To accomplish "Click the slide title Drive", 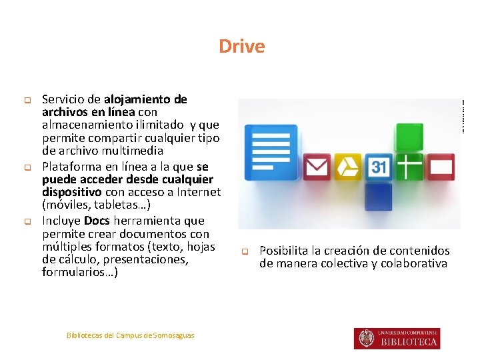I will tap(241, 47).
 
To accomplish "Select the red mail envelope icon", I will tap(317, 167).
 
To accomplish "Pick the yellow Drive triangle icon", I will tap(347, 167).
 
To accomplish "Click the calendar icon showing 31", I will tap(379, 167).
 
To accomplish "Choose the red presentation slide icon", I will tap(441, 166).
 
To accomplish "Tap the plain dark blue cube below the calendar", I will tap(378, 197).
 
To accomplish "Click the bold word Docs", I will tap(97, 221).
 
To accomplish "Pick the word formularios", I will tap(77, 273).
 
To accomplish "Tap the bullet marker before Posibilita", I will tap(244, 252).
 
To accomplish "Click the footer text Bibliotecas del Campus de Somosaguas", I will tap(130, 335).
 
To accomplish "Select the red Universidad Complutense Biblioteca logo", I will tap(397, 338).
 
